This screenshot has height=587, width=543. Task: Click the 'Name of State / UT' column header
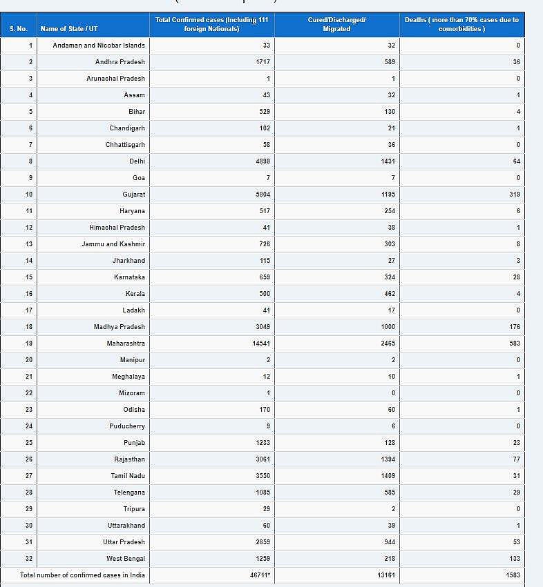pyautogui.click(x=68, y=29)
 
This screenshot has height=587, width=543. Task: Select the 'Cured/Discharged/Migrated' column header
pyautogui.click(x=336, y=24)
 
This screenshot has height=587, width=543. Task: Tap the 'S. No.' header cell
pyautogui.click(x=19, y=29)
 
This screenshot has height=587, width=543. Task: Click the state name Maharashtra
pyautogui.click(x=126, y=344)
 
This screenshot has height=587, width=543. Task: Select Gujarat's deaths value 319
pyautogui.click(x=514, y=195)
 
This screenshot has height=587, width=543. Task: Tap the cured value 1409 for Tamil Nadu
pyautogui.click(x=388, y=476)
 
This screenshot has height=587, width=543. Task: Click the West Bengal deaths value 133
pyautogui.click(x=514, y=559)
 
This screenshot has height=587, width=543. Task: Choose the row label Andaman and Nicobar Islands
pyautogui.click(x=99, y=46)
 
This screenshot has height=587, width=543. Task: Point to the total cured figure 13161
pyautogui.click(x=386, y=575)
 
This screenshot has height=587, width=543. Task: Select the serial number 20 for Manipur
pyautogui.click(x=29, y=360)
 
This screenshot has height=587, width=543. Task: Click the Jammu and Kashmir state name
pyautogui.click(x=113, y=244)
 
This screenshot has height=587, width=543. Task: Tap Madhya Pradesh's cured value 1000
pyautogui.click(x=388, y=327)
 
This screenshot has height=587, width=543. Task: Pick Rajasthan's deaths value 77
pyautogui.click(x=516, y=459)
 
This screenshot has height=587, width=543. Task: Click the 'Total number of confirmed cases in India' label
pyautogui.click(x=82, y=575)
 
